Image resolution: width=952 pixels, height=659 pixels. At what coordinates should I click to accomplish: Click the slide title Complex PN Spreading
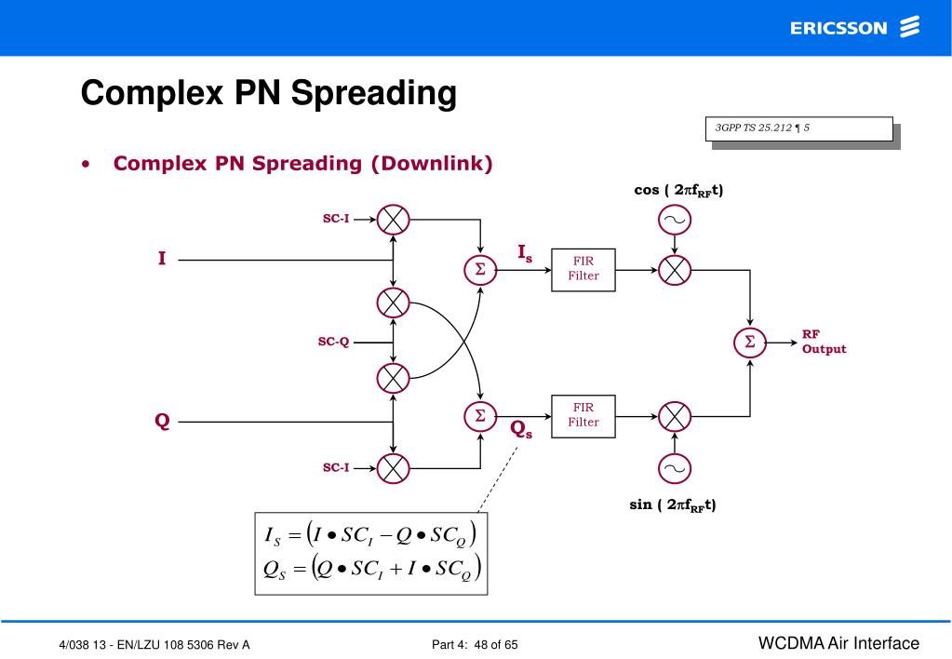(268, 94)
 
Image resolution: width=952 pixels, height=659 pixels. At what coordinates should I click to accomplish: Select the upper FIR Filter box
(583, 269)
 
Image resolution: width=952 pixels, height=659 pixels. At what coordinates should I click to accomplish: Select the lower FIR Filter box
(583, 415)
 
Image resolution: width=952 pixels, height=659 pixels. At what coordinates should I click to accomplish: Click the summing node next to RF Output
(750, 342)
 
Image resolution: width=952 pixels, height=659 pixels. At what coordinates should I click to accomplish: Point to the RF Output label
(824, 342)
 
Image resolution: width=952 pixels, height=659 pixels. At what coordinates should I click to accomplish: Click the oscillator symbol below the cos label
(674, 220)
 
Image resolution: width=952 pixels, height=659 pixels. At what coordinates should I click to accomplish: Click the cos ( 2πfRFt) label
(678, 191)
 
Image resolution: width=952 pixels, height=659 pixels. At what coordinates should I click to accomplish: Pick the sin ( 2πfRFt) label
(673, 505)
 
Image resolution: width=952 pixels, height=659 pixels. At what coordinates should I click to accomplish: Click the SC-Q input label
(333, 342)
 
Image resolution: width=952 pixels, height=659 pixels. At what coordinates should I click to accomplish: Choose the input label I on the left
(162, 260)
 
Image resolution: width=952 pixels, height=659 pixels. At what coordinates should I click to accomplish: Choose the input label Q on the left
(162, 422)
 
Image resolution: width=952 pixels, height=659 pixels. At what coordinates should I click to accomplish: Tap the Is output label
(526, 251)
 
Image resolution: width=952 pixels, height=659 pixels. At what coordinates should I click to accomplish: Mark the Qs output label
(521, 429)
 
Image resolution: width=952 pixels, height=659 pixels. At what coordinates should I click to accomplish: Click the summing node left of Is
(480, 269)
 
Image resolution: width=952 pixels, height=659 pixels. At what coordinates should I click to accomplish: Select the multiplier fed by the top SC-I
(394, 220)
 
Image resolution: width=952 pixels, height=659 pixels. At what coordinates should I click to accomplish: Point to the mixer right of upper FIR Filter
(674, 269)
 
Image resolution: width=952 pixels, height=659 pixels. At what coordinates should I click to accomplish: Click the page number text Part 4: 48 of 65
(476, 644)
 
